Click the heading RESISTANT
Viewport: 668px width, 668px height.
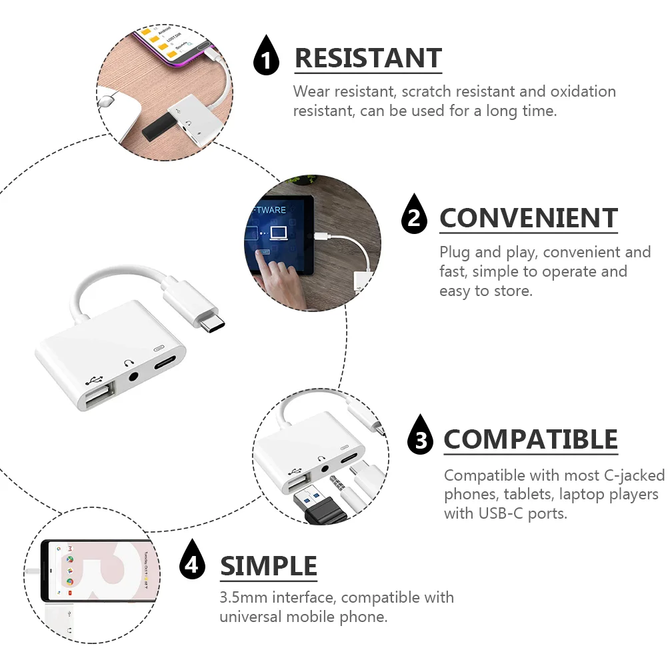tap(368, 59)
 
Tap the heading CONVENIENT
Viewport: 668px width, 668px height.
tap(528, 219)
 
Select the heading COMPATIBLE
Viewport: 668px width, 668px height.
tap(531, 440)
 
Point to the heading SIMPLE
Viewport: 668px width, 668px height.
tap(269, 566)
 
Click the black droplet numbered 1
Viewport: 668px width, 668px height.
tap(267, 59)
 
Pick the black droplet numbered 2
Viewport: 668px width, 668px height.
tap(414, 216)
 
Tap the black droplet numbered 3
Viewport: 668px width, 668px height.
tap(420, 437)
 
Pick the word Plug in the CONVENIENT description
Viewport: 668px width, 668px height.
tap(455, 253)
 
